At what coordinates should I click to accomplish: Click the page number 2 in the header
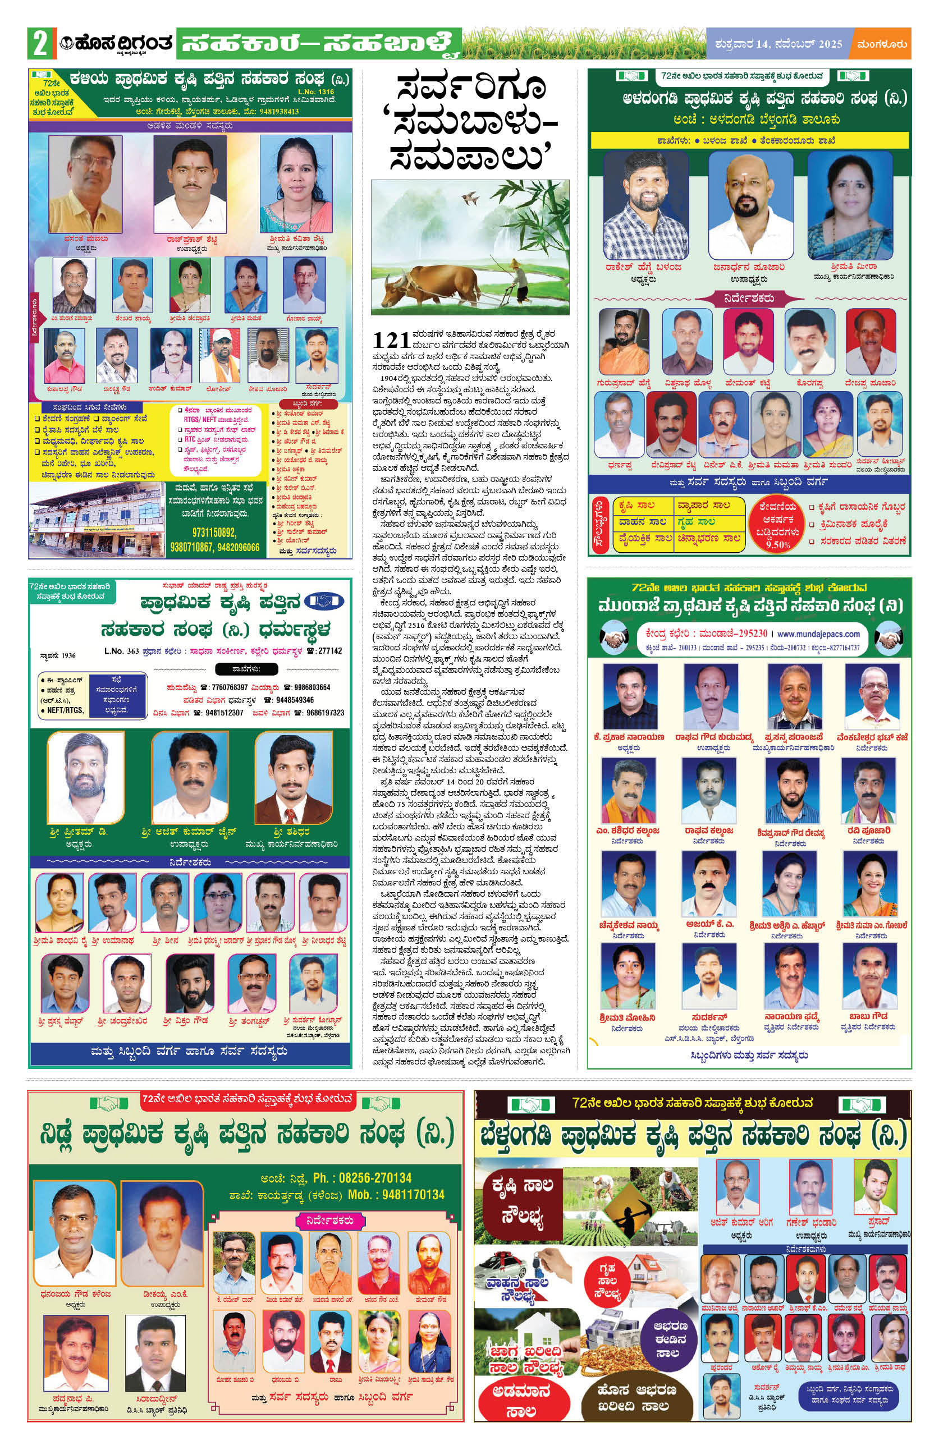pyautogui.click(x=40, y=44)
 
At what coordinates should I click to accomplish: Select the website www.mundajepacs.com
pyautogui.click(x=818, y=634)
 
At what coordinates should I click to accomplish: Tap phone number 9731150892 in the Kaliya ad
pyautogui.click(x=214, y=533)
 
